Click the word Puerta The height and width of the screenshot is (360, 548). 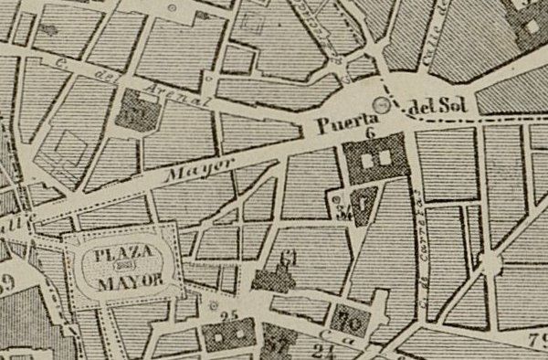pyautogui.click(x=342, y=120)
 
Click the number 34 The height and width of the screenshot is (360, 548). pyautogui.click(x=343, y=213)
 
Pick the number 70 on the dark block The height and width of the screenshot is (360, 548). pyautogui.click(x=346, y=321)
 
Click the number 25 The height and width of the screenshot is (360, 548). pyautogui.click(x=228, y=317)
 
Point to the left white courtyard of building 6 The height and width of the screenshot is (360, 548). pyautogui.click(x=368, y=159)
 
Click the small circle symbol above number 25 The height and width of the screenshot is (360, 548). pyautogui.click(x=214, y=305)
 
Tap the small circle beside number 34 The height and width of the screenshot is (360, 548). pyautogui.click(x=336, y=197)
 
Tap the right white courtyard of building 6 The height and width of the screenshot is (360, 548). pyautogui.click(x=385, y=158)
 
